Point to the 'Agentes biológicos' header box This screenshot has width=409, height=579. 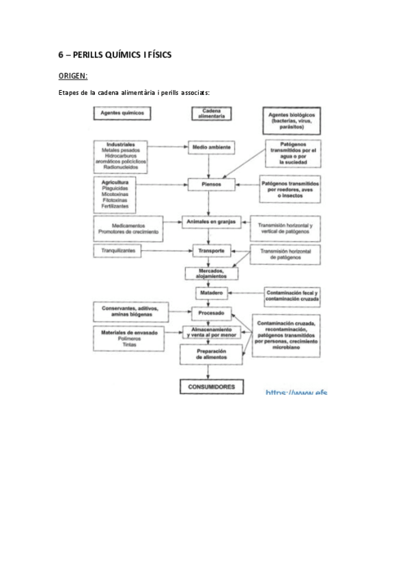(x=292, y=121)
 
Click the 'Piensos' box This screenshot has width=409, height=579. (x=211, y=184)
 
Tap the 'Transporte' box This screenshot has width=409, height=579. (x=210, y=250)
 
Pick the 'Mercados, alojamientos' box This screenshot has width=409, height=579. (x=210, y=272)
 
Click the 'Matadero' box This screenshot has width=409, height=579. (x=210, y=293)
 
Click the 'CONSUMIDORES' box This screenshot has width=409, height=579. (x=211, y=386)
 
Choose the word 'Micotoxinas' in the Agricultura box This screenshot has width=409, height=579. (x=117, y=194)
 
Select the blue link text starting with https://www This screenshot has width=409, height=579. (x=296, y=393)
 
